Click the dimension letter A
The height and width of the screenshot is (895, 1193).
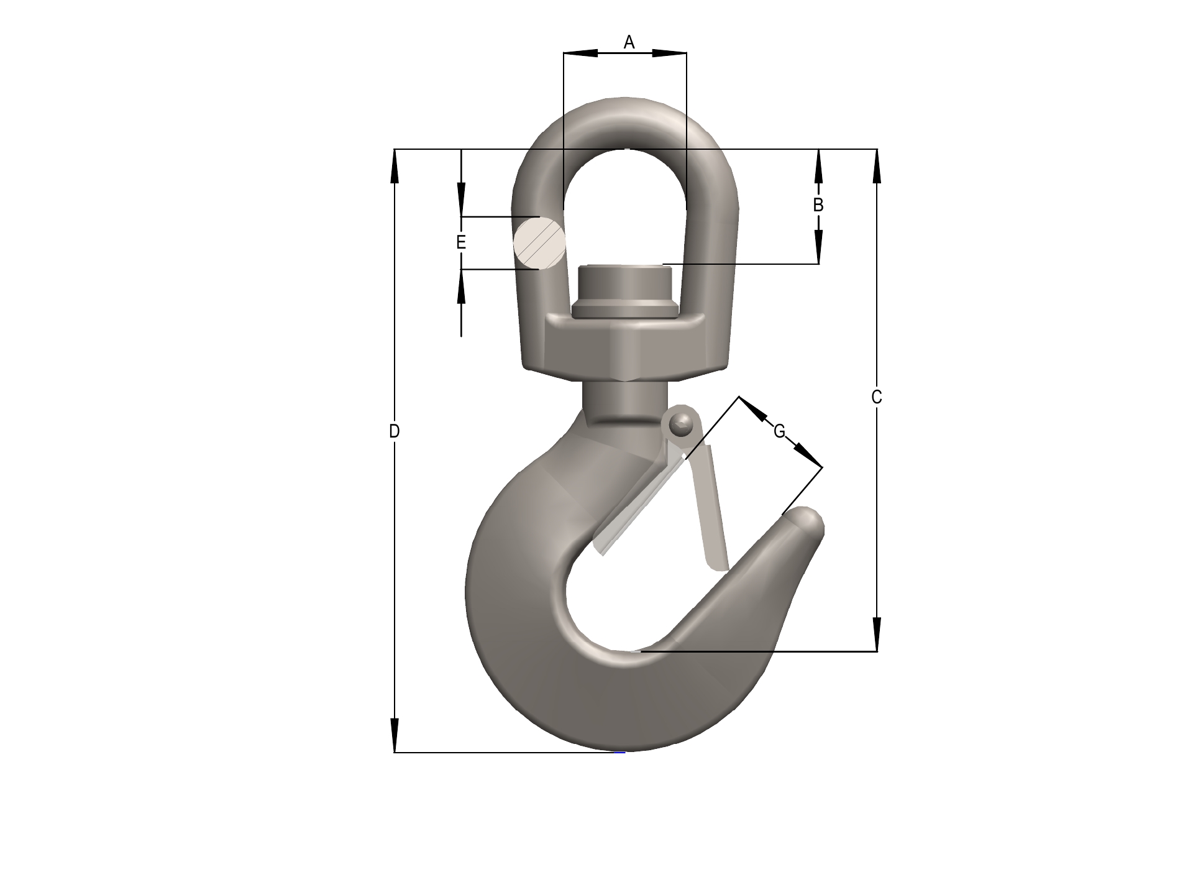[629, 42]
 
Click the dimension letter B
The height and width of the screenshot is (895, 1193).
[818, 204]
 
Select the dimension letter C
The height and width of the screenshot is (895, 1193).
[877, 397]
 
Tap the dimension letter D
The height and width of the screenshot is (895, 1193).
[394, 431]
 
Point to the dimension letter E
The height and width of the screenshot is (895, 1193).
[461, 242]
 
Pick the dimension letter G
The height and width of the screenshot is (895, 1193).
[779, 431]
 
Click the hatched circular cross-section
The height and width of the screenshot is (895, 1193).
[539, 243]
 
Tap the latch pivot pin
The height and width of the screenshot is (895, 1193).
[682, 425]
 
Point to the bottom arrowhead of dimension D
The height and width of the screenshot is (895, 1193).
[395, 737]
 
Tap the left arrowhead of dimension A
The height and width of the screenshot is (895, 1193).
[580, 53]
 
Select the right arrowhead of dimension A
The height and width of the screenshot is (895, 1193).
[670, 53]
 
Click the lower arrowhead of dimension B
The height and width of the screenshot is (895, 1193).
[818, 247]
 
